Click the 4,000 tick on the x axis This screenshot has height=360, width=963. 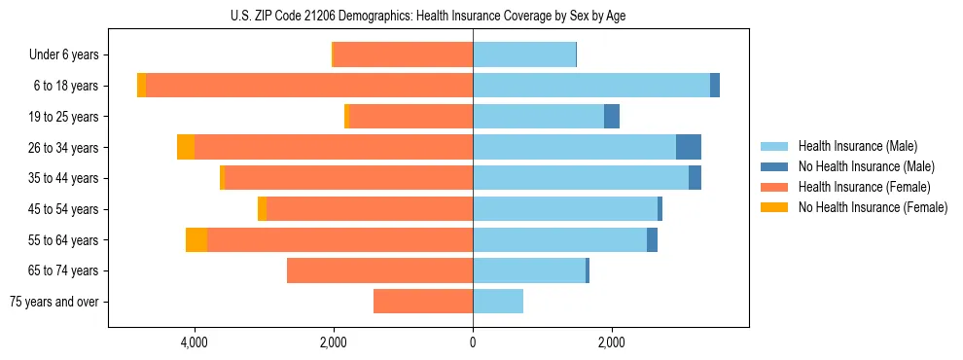195,342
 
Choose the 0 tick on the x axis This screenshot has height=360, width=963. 473,342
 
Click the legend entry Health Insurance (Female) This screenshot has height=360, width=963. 862,187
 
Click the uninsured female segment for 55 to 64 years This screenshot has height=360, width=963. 196,239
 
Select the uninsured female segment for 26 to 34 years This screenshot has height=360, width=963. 186,147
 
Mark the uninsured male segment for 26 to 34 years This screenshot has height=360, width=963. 689,147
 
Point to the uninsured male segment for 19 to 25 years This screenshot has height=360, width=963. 612,117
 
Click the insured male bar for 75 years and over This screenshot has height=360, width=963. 498,302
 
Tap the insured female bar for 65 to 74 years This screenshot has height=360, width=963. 380,270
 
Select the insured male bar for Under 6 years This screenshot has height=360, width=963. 524,54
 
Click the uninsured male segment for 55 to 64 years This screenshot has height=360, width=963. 652,239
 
